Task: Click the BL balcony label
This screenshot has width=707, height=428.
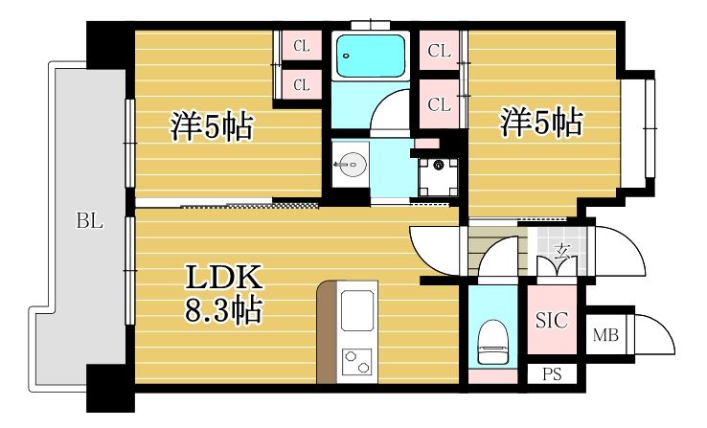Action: (x=90, y=222)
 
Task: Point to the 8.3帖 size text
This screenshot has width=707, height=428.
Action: (x=223, y=309)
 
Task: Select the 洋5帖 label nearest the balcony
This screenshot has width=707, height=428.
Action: (x=212, y=125)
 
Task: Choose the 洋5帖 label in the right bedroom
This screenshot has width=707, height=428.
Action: (x=541, y=124)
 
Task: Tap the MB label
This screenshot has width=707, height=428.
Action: (x=604, y=335)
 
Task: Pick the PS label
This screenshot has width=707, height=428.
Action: (x=553, y=374)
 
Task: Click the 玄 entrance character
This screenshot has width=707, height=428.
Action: (x=560, y=251)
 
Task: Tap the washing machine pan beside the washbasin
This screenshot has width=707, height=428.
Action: (x=439, y=176)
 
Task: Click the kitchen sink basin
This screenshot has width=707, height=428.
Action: (x=358, y=313)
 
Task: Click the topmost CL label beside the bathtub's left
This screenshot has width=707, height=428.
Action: (x=302, y=45)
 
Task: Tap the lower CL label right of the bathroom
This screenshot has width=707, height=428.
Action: (x=440, y=105)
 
